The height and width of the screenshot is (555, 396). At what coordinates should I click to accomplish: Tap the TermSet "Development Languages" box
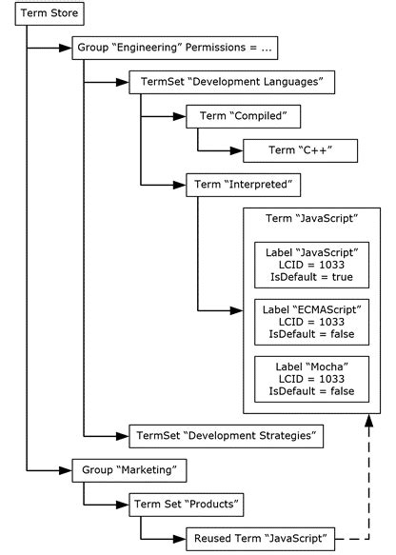tap(231, 83)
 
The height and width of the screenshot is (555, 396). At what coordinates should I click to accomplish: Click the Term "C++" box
tap(299, 149)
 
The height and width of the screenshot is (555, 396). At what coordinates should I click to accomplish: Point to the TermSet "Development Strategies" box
tap(226, 436)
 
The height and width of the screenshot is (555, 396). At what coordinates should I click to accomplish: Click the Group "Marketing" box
tap(129, 469)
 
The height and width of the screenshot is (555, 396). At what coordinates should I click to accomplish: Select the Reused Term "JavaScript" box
tap(260, 538)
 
